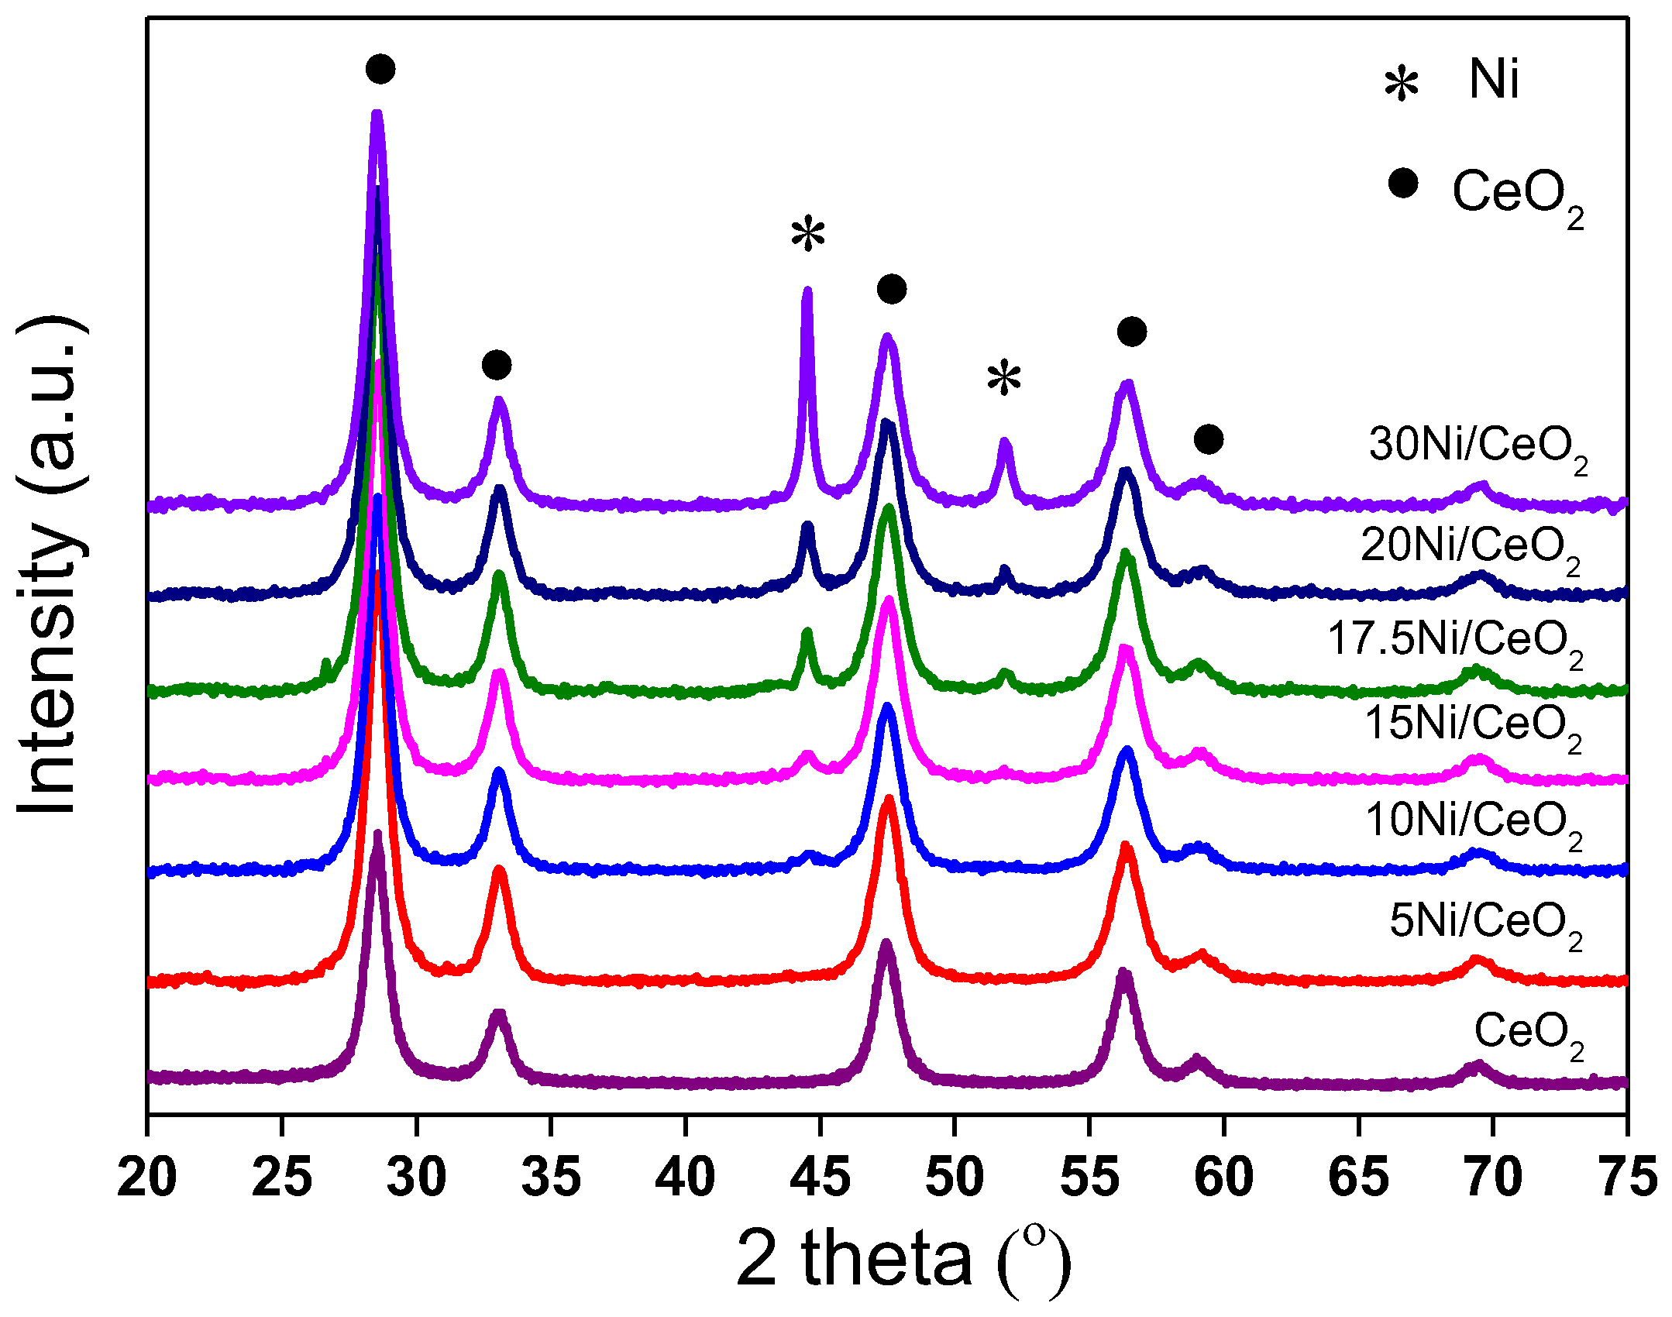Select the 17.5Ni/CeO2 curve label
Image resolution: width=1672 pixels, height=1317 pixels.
tap(1455, 642)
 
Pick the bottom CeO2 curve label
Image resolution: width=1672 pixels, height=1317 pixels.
tap(1528, 1035)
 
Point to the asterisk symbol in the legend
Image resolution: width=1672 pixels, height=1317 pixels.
tap(1402, 84)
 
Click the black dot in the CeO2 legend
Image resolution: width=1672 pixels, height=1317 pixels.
tap(1403, 184)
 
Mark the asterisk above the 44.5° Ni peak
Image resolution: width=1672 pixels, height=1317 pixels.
tap(808, 234)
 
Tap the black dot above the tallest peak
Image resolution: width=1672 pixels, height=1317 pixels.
tap(380, 69)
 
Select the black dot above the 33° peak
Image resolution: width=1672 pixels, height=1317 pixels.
tap(497, 364)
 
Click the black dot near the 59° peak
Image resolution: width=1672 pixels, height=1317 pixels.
tap(1209, 439)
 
